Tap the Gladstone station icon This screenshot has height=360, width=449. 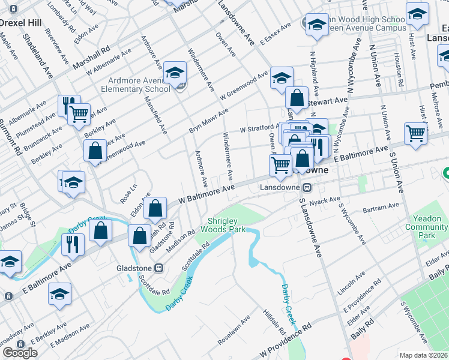(160, 268)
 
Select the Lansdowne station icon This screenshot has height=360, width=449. (307, 187)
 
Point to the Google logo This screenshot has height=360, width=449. (20, 352)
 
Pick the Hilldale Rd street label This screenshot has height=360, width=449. (274, 322)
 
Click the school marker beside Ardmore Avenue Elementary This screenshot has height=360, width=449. (175, 74)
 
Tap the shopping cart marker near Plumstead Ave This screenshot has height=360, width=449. (79, 113)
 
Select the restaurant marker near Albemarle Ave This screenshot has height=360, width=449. (69, 105)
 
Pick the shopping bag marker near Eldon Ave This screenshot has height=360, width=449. (155, 208)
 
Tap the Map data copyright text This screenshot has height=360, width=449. (424, 355)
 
